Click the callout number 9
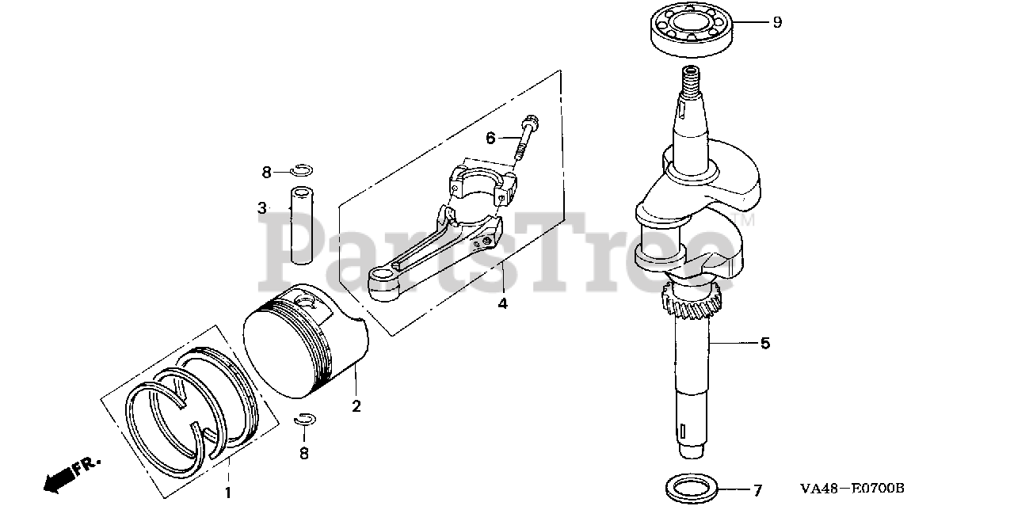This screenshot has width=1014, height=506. (x=777, y=22)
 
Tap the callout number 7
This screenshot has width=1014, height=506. (x=757, y=490)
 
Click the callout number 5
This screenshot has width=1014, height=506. (x=764, y=344)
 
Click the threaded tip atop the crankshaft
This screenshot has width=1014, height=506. (x=690, y=78)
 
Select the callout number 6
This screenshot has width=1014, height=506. (x=490, y=139)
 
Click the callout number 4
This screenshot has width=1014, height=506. (x=502, y=303)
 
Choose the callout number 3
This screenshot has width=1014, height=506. (x=261, y=208)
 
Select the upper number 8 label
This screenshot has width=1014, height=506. (x=267, y=172)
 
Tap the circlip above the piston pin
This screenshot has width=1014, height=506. (x=302, y=169)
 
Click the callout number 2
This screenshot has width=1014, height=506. (x=356, y=406)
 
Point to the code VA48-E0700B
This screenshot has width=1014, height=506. (x=851, y=489)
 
